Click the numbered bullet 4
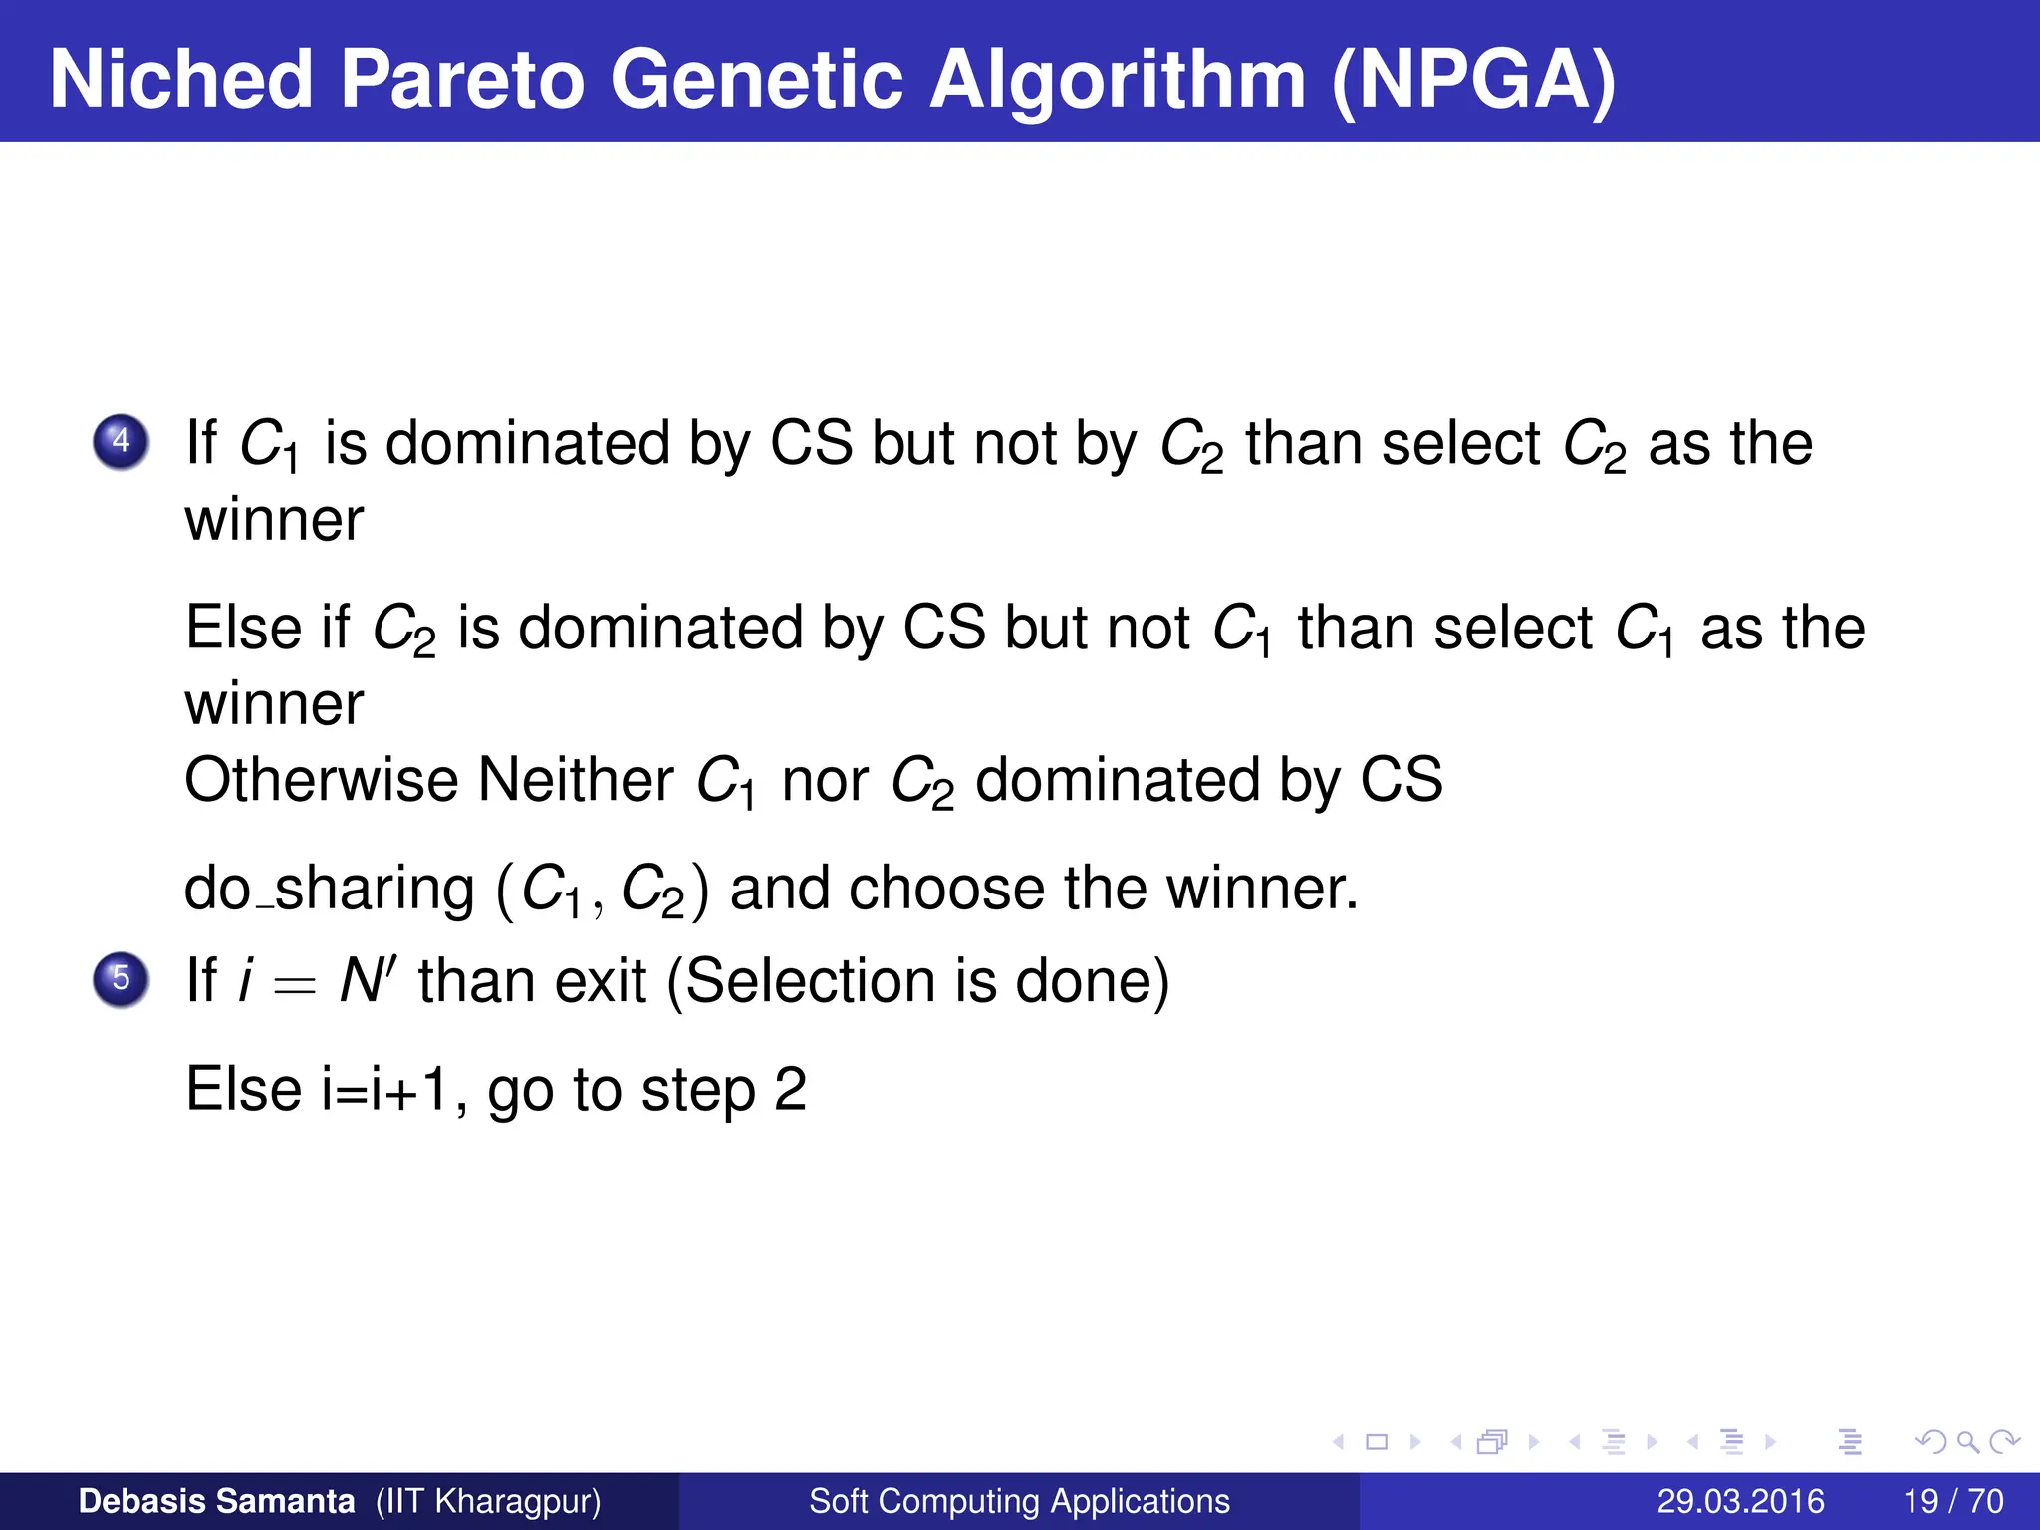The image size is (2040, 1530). [122, 441]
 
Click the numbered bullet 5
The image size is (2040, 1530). [122, 978]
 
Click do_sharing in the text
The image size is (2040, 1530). [329, 889]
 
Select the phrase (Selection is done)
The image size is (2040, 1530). [917, 981]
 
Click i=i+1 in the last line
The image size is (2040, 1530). [382, 1090]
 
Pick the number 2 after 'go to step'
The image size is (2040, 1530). [790, 1089]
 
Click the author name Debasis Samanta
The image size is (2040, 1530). [216, 1501]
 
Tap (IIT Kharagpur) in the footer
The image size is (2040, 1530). [488, 1501]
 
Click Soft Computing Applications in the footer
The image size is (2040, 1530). [1019, 1501]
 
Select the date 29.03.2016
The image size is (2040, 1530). [1740, 1501]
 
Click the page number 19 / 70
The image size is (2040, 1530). [1952, 1501]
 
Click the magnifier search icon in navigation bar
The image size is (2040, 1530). [1967, 1442]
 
